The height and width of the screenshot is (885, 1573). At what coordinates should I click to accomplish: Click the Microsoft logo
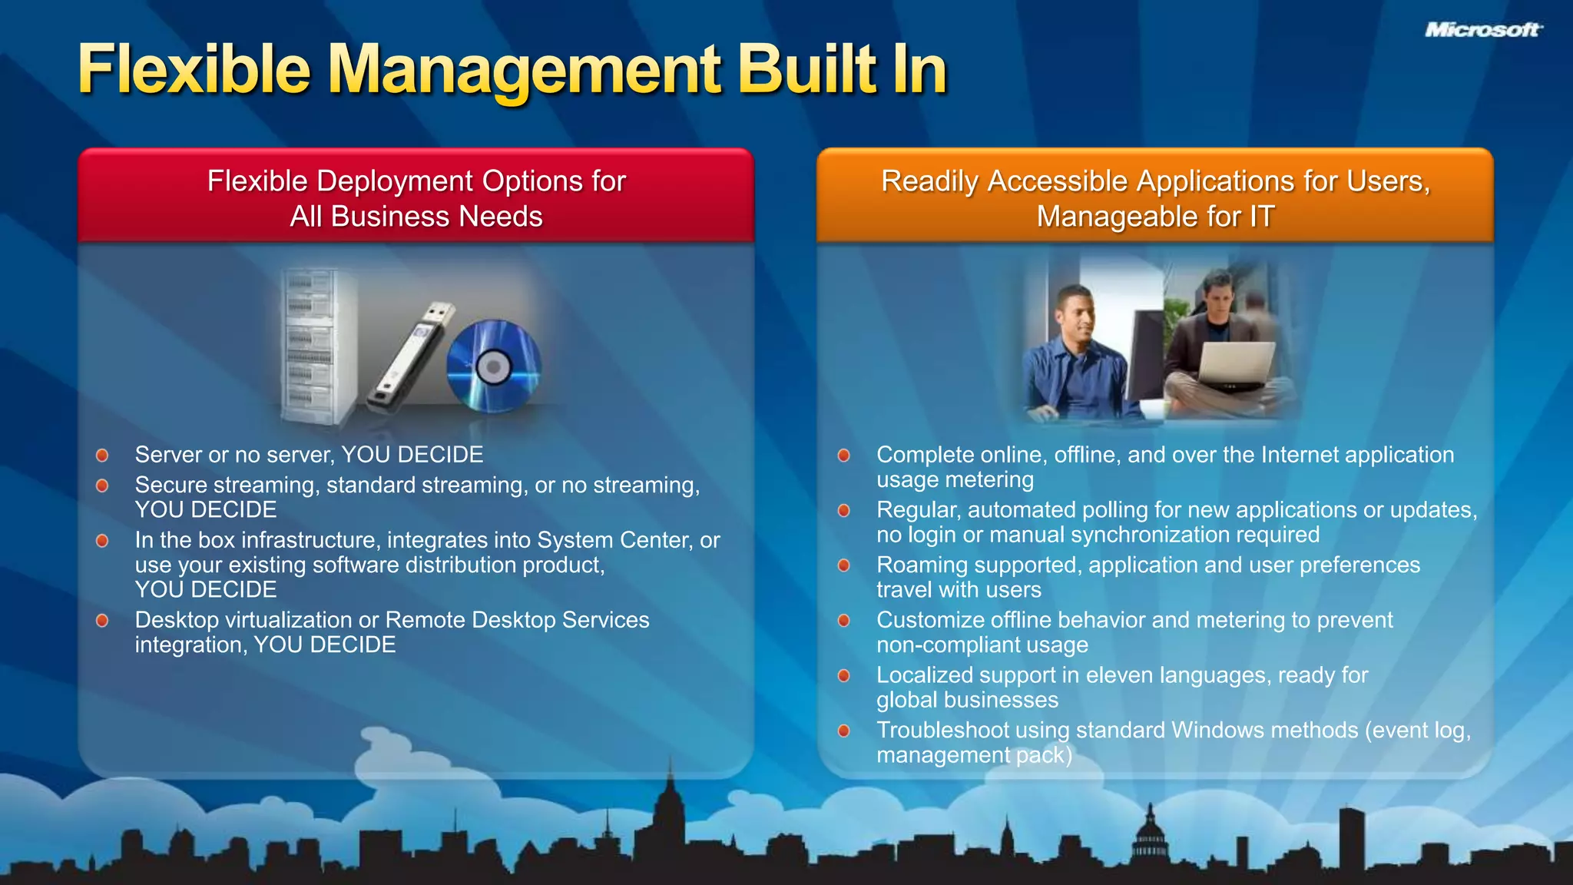tap(1483, 30)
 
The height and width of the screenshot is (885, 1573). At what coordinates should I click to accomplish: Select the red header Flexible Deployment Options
tap(416, 197)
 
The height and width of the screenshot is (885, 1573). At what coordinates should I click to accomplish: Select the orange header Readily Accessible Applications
tap(1155, 197)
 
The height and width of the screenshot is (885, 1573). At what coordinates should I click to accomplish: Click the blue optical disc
tap(493, 366)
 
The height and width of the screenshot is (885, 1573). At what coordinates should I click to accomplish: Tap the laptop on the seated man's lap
tap(1232, 364)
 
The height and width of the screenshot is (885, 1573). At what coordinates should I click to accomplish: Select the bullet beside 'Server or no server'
tap(102, 455)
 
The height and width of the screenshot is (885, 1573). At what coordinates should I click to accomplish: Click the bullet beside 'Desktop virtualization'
tap(102, 620)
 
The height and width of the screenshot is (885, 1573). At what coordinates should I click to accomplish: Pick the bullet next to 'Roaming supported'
tap(844, 565)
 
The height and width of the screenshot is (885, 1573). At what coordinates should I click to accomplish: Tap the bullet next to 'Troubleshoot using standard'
tap(844, 731)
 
